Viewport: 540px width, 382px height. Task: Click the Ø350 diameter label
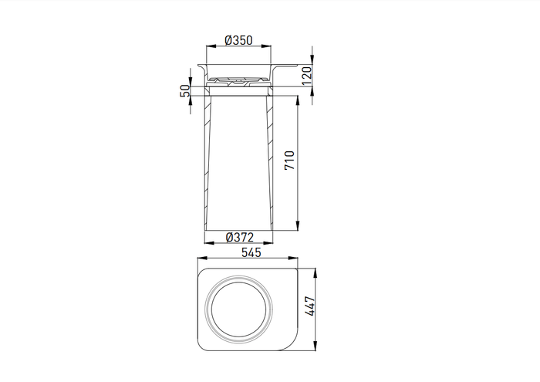pyautogui.click(x=238, y=40)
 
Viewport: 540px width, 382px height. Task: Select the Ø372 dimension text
pyautogui.click(x=240, y=238)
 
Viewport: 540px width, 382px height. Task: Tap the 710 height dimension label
pyautogui.click(x=289, y=161)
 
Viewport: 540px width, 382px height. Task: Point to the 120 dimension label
pyautogui.click(x=306, y=76)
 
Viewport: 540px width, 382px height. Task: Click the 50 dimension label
pyautogui.click(x=185, y=91)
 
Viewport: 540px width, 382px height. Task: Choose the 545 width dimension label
pyautogui.click(x=251, y=252)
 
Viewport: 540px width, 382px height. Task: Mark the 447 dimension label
pyautogui.click(x=309, y=306)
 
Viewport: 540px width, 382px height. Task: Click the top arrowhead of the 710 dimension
pyautogui.click(x=298, y=100)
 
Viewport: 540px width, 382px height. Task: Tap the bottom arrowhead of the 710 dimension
pyautogui.click(x=298, y=226)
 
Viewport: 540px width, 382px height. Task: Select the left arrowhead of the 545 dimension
pyautogui.click(x=202, y=258)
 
